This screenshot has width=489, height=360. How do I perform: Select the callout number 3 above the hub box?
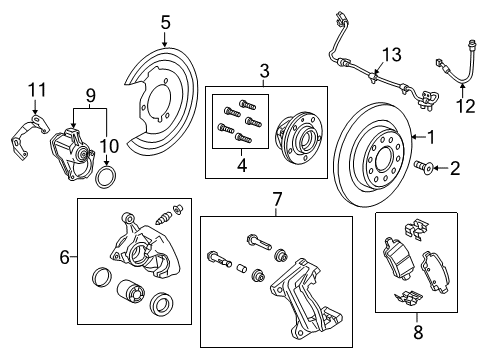click(x=264, y=71)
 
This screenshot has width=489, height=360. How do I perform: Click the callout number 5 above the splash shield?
click(x=166, y=21)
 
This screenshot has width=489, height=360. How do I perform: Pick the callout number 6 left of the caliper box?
click(x=65, y=258)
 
